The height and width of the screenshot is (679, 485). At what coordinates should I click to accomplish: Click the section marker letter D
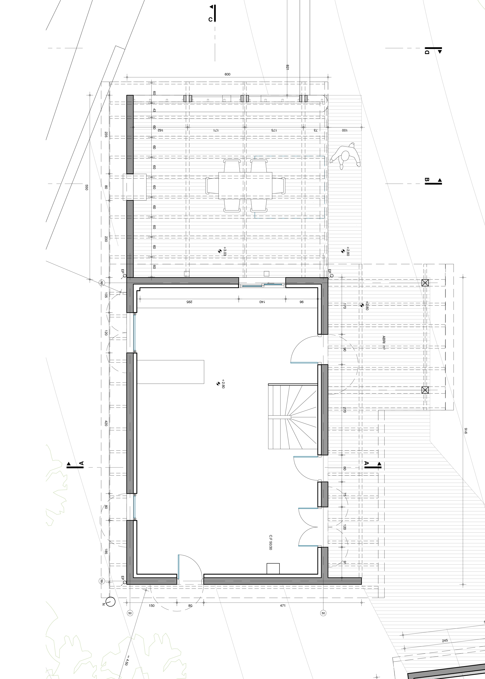coord(427,52)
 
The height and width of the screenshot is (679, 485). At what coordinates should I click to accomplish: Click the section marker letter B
coord(427,180)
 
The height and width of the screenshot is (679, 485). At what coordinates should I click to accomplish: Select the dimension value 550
coord(87,187)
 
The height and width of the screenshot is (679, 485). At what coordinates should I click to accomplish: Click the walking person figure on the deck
coord(345,156)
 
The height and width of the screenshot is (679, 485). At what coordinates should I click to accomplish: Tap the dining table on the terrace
coord(245,186)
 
